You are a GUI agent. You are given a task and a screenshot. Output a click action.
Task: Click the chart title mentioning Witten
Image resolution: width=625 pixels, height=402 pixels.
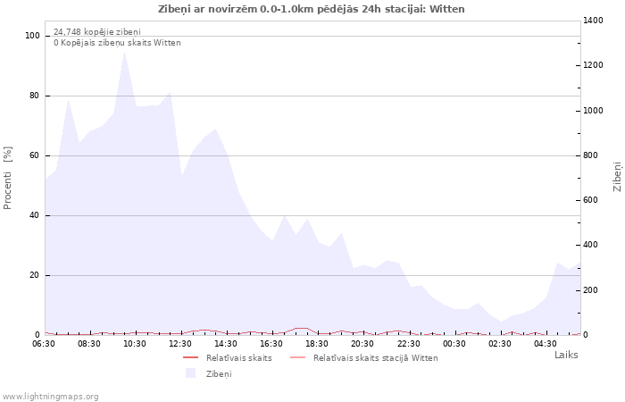(311, 9)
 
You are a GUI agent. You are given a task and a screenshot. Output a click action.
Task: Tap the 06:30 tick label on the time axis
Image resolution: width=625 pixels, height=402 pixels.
(45, 343)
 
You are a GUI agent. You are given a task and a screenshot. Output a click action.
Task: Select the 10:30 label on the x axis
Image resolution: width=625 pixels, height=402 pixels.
(136, 343)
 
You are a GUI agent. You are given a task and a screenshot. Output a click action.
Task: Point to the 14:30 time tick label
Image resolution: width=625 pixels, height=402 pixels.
(227, 343)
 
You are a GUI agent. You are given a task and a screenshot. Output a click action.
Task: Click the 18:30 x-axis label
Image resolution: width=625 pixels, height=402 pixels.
(318, 343)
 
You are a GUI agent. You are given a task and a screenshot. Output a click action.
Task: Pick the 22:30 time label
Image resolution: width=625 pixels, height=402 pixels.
(409, 343)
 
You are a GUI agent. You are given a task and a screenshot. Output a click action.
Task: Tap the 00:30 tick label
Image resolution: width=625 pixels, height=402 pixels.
(454, 343)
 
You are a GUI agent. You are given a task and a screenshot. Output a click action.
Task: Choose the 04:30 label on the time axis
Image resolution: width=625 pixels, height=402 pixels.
(546, 343)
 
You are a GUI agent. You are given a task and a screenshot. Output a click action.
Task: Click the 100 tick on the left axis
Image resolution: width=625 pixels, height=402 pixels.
(33, 36)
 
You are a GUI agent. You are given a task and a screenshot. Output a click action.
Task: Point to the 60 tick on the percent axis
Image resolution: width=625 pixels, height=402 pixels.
(36, 155)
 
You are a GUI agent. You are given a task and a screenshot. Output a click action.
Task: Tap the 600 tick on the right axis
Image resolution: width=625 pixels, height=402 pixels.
(593, 200)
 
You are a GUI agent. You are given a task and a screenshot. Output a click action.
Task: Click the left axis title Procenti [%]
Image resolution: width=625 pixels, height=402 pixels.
(8, 178)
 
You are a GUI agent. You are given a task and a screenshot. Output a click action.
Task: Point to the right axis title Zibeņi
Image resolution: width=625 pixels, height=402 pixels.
(617, 177)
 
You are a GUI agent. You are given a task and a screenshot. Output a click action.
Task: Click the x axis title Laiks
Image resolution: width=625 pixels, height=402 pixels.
(566, 355)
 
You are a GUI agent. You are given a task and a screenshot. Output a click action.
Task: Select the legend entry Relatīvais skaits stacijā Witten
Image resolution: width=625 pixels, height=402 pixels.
(375, 357)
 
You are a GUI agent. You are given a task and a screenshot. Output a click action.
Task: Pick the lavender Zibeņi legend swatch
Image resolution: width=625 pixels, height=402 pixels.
(190, 373)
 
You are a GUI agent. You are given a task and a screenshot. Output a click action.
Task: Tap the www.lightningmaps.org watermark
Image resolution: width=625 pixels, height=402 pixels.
(50, 396)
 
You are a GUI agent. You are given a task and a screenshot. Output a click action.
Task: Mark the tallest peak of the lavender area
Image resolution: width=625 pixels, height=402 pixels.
(124, 52)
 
